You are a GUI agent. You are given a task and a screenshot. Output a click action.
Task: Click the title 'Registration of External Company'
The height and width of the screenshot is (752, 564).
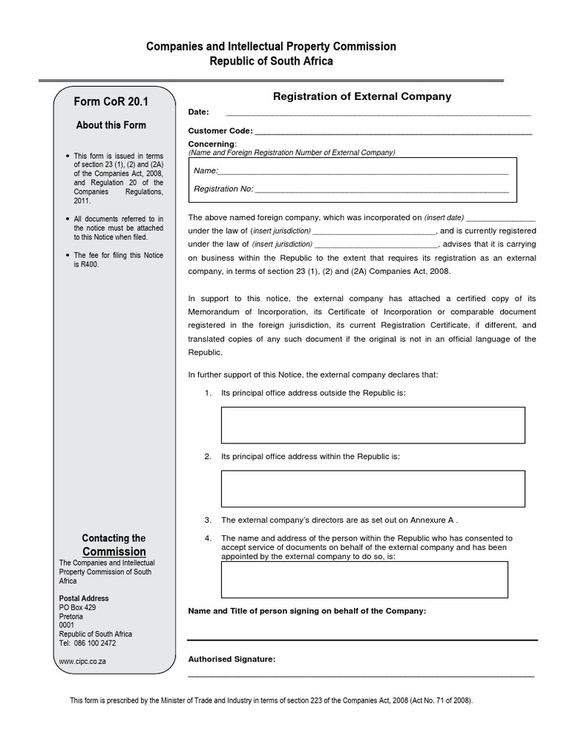coord(362,96)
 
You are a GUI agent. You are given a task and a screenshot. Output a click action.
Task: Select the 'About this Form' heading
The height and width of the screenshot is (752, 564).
coord(111,125)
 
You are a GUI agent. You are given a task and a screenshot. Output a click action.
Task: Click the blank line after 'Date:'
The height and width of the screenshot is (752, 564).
coord(377,113)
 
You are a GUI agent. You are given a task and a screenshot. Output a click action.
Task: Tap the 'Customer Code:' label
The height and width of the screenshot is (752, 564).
coord(220,131)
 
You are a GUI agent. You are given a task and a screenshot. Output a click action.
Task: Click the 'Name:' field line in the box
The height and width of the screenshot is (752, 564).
coord(364,171)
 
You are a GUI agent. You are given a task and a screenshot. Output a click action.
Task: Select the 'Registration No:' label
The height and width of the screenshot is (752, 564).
coord(223,189)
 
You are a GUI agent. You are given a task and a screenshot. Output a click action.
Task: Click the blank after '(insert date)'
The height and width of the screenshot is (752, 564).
coord(501,218)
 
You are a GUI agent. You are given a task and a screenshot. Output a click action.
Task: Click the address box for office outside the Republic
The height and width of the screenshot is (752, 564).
coord(373,425)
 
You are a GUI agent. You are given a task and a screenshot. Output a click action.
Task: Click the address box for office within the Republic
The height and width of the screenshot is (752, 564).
coord(373,489)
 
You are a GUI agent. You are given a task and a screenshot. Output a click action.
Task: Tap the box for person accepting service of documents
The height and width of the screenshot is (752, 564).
coord(364,579)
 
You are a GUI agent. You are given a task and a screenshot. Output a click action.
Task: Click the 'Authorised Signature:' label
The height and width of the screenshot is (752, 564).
coord(232,659)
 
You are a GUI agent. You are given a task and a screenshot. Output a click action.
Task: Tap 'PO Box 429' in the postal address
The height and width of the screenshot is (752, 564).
coord(77,607)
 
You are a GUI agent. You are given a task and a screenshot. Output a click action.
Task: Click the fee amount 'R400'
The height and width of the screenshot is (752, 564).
coord(89,264)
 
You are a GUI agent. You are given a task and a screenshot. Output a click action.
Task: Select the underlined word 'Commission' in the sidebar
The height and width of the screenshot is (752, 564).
coord(114,552)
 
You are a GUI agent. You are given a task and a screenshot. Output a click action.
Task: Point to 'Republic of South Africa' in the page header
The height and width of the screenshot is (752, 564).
coord(272,61)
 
